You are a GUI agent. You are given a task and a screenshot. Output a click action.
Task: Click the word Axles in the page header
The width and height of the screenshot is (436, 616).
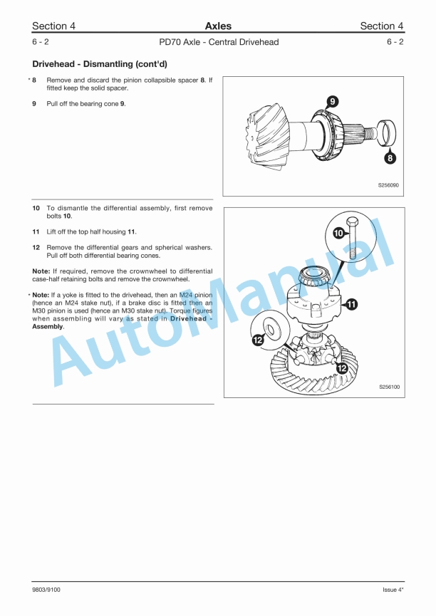(x=217, y=26)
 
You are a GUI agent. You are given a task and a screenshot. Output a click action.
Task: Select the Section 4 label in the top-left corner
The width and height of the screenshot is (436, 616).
(x=53, y=26)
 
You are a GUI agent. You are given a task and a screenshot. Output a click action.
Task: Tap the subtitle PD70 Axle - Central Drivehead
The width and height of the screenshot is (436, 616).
(x=218, y=42)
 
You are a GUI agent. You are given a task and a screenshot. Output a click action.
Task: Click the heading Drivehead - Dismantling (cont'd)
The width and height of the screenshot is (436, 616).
(x=98, y=63)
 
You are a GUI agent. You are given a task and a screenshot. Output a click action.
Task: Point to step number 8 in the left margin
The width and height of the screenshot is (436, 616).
(x=34, y=80)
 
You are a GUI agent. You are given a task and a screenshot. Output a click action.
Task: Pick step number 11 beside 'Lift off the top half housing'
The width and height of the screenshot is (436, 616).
(x=35, y=232)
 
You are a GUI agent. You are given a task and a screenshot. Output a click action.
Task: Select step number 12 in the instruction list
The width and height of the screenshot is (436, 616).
(x=35, y=247)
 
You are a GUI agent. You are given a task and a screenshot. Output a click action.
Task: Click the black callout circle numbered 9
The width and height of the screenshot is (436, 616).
(x=332, y=101)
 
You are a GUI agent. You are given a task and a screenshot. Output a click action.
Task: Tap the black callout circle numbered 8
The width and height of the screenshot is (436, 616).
(x=390, y=157)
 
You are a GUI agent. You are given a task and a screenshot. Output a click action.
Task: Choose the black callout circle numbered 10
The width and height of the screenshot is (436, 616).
(x=339, y=233)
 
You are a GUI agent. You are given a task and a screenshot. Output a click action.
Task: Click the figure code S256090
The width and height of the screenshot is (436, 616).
(x=388, y=185)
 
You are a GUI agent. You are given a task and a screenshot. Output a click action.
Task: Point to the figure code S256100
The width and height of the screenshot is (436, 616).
(x=388, y=387)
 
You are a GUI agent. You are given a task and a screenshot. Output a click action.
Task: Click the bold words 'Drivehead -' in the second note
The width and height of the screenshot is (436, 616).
(x=191, y=318)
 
